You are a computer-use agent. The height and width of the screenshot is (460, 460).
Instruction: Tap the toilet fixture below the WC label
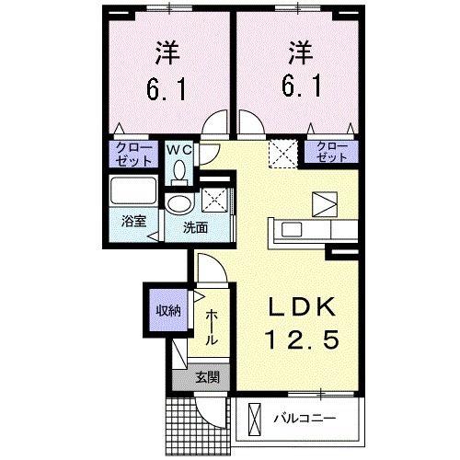click(179, 169)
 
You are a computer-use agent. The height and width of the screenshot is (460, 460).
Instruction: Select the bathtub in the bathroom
click(132, 194)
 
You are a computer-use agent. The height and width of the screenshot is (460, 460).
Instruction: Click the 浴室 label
click(133, 222)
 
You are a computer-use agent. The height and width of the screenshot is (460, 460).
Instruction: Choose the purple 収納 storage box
click(166, 309)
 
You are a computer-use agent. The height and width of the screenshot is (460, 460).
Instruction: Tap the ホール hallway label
click(212, 328)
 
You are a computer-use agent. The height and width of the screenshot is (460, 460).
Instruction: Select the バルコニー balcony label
click(305, 419)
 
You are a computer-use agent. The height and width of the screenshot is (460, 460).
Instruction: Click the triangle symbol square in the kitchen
click(325, 202)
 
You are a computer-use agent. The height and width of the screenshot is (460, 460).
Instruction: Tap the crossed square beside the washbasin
click(214, 197)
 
